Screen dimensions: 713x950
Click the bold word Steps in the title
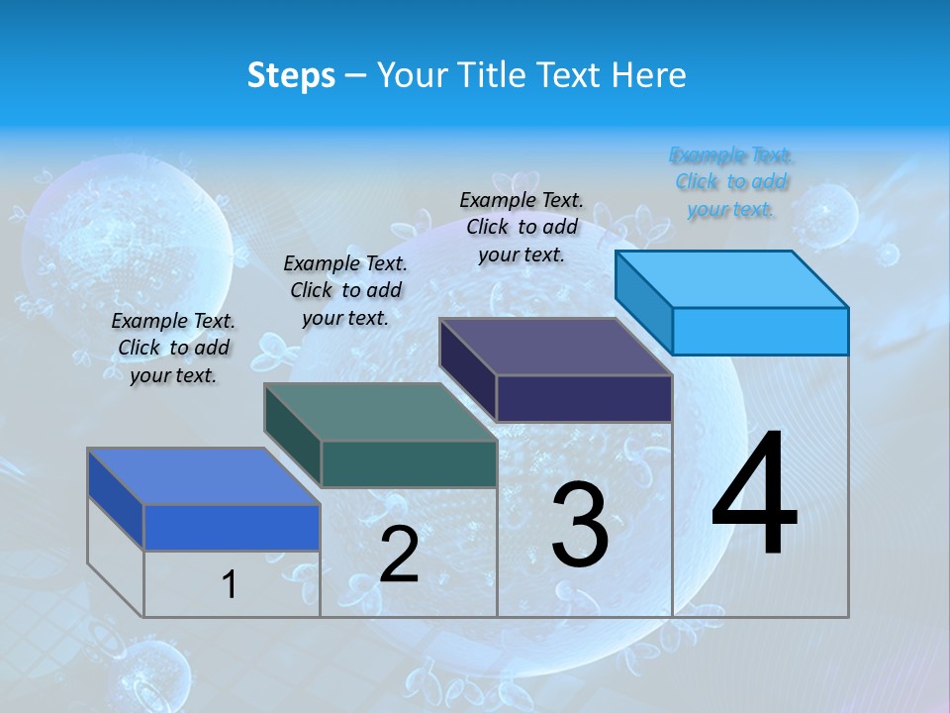click(291, 75)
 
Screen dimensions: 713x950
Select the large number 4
click(754, 495)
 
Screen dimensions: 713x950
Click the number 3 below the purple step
click(580, 526)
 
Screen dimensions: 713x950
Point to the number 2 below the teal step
click(399, 555)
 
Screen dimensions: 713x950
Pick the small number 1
click(230, 584)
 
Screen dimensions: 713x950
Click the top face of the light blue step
click(732, 278)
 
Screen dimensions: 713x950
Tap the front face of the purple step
click(584, 399)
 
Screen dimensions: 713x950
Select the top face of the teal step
click(381, 412)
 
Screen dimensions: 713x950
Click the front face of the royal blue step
click(232, 527)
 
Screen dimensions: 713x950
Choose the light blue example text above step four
click(731, 182)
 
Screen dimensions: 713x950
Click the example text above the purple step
click(522, 227)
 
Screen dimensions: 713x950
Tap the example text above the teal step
click(345, 290)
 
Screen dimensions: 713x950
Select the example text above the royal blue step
click(173, 348)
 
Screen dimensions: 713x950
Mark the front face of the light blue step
click(760, 331)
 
